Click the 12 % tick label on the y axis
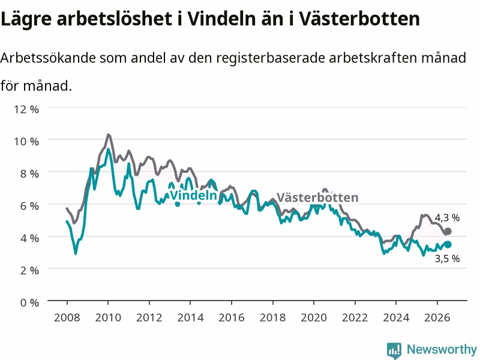[x=26, y=109]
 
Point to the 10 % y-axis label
[x=26, y=142]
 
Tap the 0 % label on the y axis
[x=29, y=303]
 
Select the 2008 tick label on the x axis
[x=67, y=317]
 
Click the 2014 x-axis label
[x=190, y=317]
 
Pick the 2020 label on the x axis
[x=314, y=317]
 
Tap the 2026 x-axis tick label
[x=437, y=317]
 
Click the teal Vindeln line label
[x=193, y=196]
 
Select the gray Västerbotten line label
[x=317, y=197]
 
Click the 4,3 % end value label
[x=447, y=218]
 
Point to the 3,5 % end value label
[x=447, y=259]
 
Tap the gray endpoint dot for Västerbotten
[x=448, y=232]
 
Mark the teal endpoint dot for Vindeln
[x=448, y=244]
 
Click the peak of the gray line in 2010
[x=108, y=134]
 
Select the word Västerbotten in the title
[x=359, y=19]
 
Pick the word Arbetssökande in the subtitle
[x=48, y=58]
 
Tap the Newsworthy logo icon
[x=394, y=350]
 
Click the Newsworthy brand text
[x=442, y=349]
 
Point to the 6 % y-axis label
[x=29, y=206]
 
